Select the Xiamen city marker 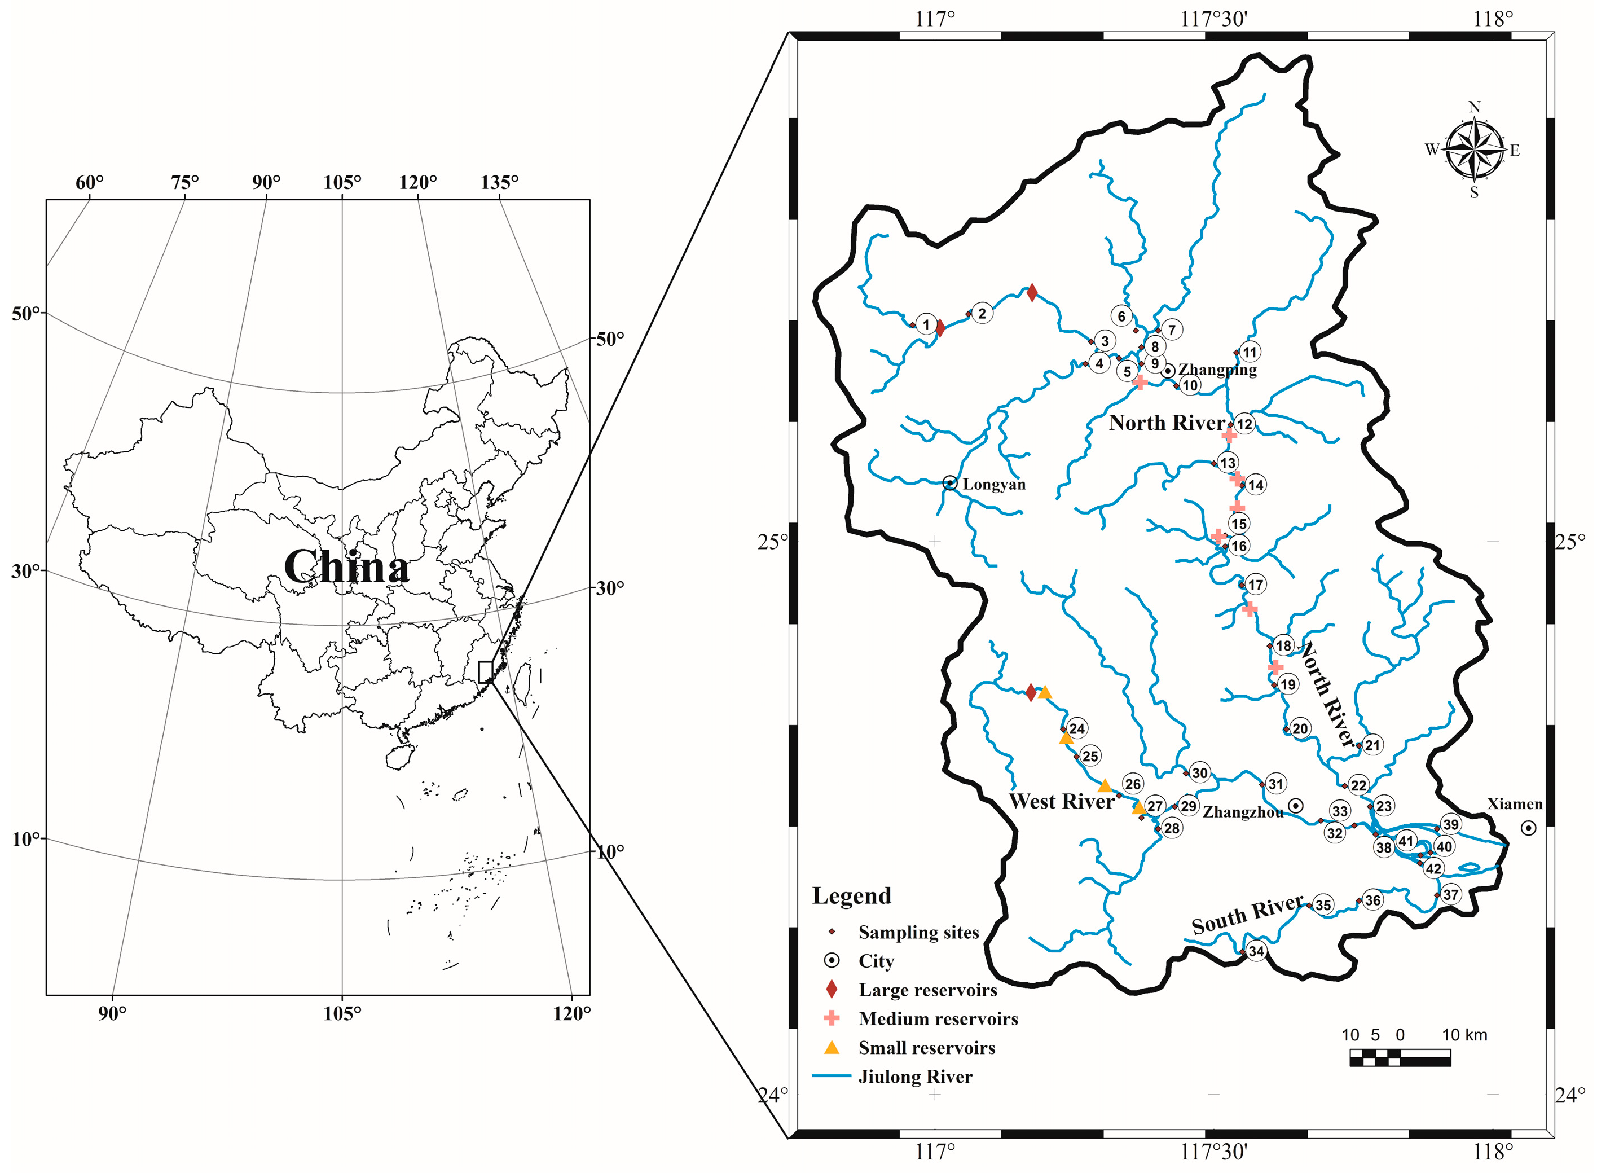pos(1528,828)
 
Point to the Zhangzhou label pos(1242,812)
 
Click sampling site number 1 pos(926,325)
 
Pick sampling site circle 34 pos(1256,951)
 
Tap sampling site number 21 pos(1372,745)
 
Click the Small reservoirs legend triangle pos(831,1047)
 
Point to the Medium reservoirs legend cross pos(831,1018)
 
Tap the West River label pos(1061,802)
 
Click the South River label pos(1247,915)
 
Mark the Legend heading pos(851,896)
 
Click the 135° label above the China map pos(499,182)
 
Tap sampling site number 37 pos(1450,895)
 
